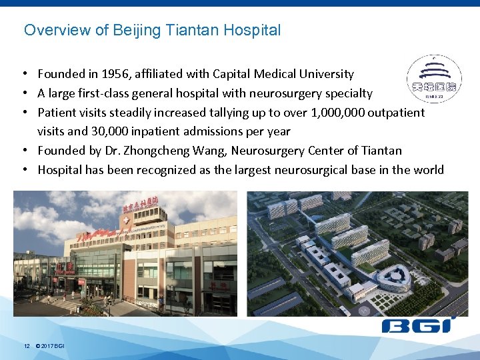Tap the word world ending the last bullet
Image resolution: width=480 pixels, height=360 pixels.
coord(428,170)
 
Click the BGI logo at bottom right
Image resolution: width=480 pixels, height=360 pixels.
coord(416,326)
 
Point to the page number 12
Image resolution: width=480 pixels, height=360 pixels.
coord(27,346)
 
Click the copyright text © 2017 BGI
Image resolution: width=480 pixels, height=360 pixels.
coord(50,346)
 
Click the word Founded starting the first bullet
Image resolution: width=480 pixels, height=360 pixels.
coord(59,74)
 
